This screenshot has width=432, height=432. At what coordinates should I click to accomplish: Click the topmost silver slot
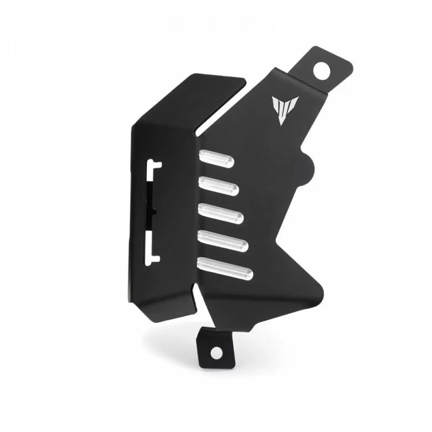[216, 159]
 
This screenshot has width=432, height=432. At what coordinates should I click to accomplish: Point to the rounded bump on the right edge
[311, 165]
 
